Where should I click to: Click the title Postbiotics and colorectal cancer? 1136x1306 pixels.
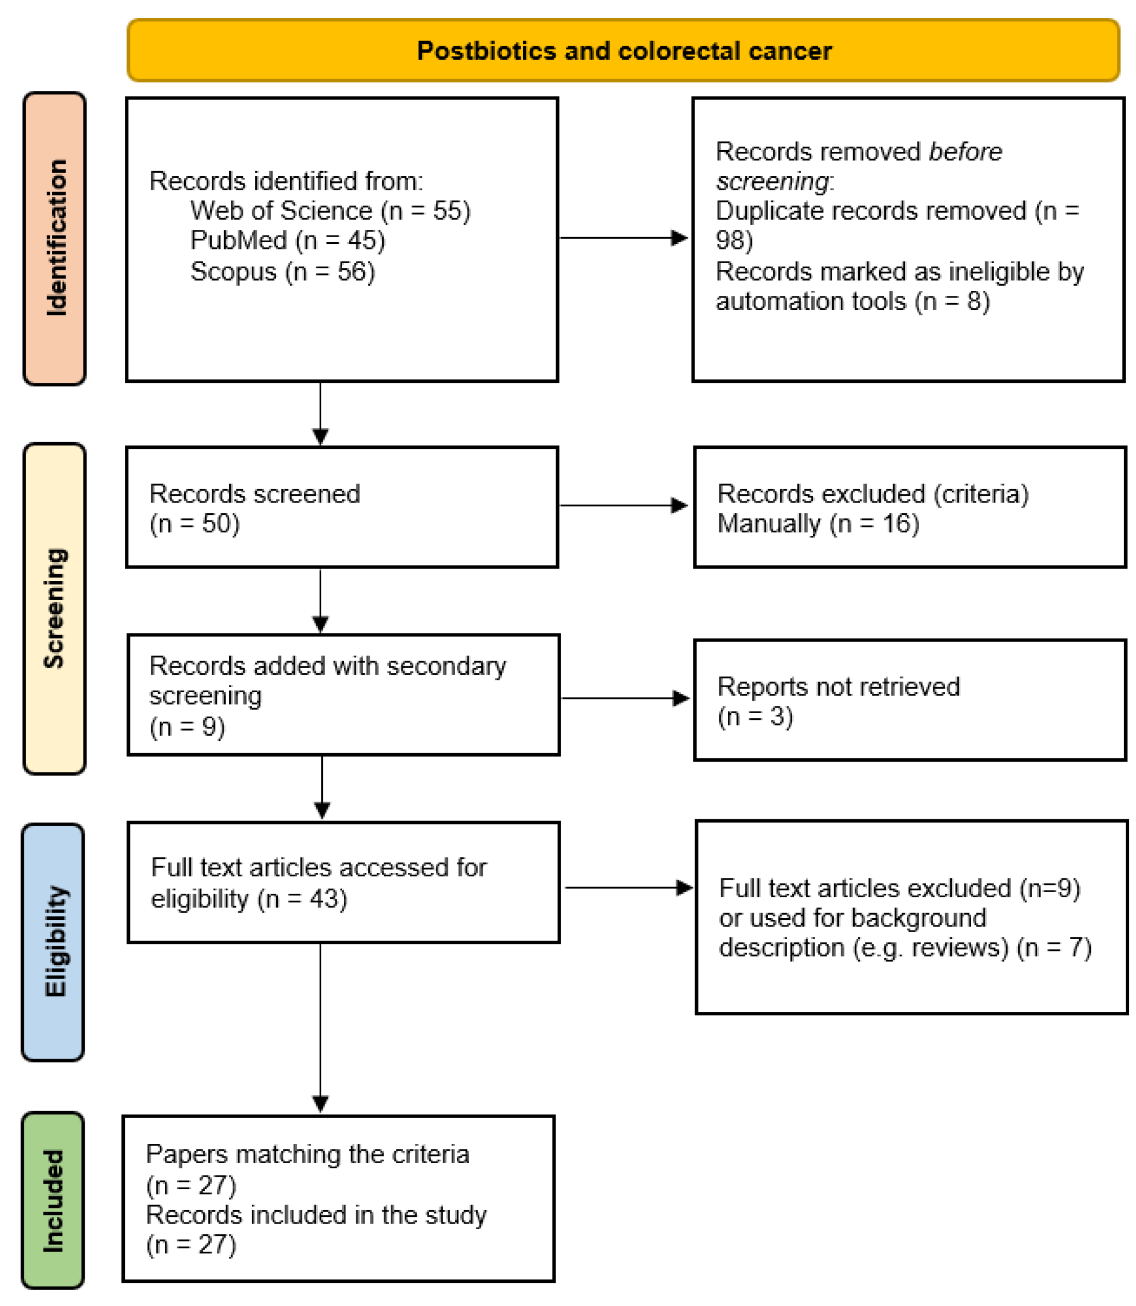pyautogui.click(x=624, y=51)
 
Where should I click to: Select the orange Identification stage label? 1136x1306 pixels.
pyautogui.click(x=55, y=238)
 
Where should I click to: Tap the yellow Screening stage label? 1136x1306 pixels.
pyautogui.click(x=55, y=608)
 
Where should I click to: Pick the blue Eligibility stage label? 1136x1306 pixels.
pyautogui.click(x=54, y=942)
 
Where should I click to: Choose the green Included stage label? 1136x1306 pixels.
pyautogui.click(x=53, y=1201)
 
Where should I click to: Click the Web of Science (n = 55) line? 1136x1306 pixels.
pyautogui.click(x=330, y=211)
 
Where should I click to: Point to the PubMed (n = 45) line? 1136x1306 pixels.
pyautogui.click(x=287, y=241)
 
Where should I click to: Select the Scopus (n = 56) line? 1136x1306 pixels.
pyautogui.click(x=282, y=272)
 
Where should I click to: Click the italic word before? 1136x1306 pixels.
pyautogui.click(x=965, y=151)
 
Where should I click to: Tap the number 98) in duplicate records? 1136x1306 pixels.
pyautogui.click(x=734, y=241)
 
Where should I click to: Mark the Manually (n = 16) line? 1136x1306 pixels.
pyautogui.click(x=818, y=523)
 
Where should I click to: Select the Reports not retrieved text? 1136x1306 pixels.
pyautogui.click(x=838, y=687)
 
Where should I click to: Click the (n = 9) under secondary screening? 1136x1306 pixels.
pyautogui.click(x=187, y=726)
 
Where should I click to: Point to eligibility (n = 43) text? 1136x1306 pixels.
pyautogui.click(x=248, y=898)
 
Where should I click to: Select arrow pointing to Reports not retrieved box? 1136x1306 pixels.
pyautogui.click(x=625, y=698)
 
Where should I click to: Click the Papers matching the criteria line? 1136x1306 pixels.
pyautogui.click(x=308, y=1155)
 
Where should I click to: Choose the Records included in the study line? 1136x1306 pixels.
pyautogui.click(x=316, y=1215)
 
